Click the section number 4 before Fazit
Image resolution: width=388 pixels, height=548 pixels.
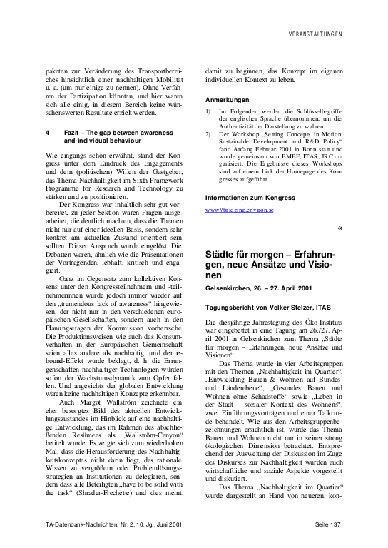click(x=47, y=133)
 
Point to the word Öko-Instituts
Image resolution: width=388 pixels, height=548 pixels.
click(x=322, y=323)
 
